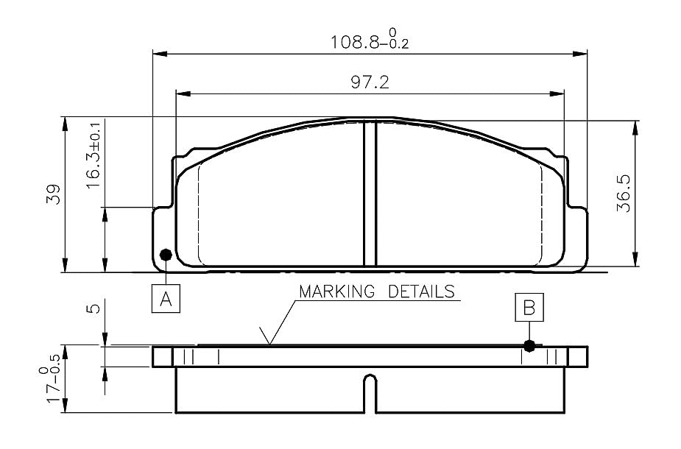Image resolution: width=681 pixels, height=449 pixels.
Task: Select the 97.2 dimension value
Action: click(x=370, y=82)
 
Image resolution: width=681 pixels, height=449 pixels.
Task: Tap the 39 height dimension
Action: click(x=54, y=194)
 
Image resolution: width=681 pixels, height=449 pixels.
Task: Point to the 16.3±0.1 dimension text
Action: click(x=93, y=155)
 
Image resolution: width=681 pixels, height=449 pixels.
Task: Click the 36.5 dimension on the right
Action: click(x=624, y=194)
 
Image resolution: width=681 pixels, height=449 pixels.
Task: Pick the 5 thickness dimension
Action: click(x=93, y=308)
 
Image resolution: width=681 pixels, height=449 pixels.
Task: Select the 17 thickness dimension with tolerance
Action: click(x=50, y=378)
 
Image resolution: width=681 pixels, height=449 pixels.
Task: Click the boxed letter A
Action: click(x=166, y=298)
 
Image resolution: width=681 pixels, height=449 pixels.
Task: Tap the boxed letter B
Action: click(x=529, y=308)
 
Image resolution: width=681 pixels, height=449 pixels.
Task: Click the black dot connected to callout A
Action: click(x=166, y=255)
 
